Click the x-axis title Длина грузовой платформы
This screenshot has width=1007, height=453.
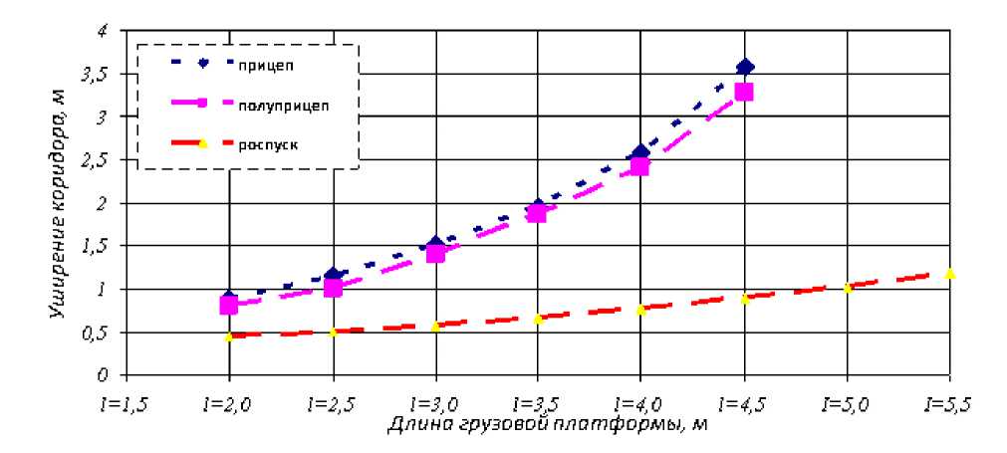547,425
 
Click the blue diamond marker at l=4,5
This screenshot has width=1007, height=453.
744,67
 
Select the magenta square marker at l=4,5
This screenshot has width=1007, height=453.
743,92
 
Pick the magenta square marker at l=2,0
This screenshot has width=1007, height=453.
229,305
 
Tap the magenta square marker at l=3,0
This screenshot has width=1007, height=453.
435,253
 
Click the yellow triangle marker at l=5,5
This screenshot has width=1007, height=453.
949,273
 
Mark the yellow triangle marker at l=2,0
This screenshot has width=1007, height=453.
229,337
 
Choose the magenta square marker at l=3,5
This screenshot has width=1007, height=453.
538,212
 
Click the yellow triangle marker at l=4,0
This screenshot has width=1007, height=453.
641,310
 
